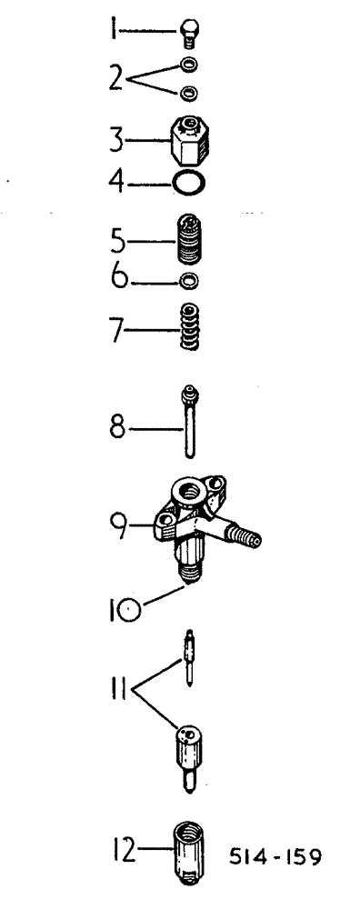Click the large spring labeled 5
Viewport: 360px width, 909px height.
click(x=189, y=241)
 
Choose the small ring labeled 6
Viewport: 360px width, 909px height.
click(x=189, y=279)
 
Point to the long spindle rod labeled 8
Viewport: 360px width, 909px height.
click(x=189, y=432)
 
